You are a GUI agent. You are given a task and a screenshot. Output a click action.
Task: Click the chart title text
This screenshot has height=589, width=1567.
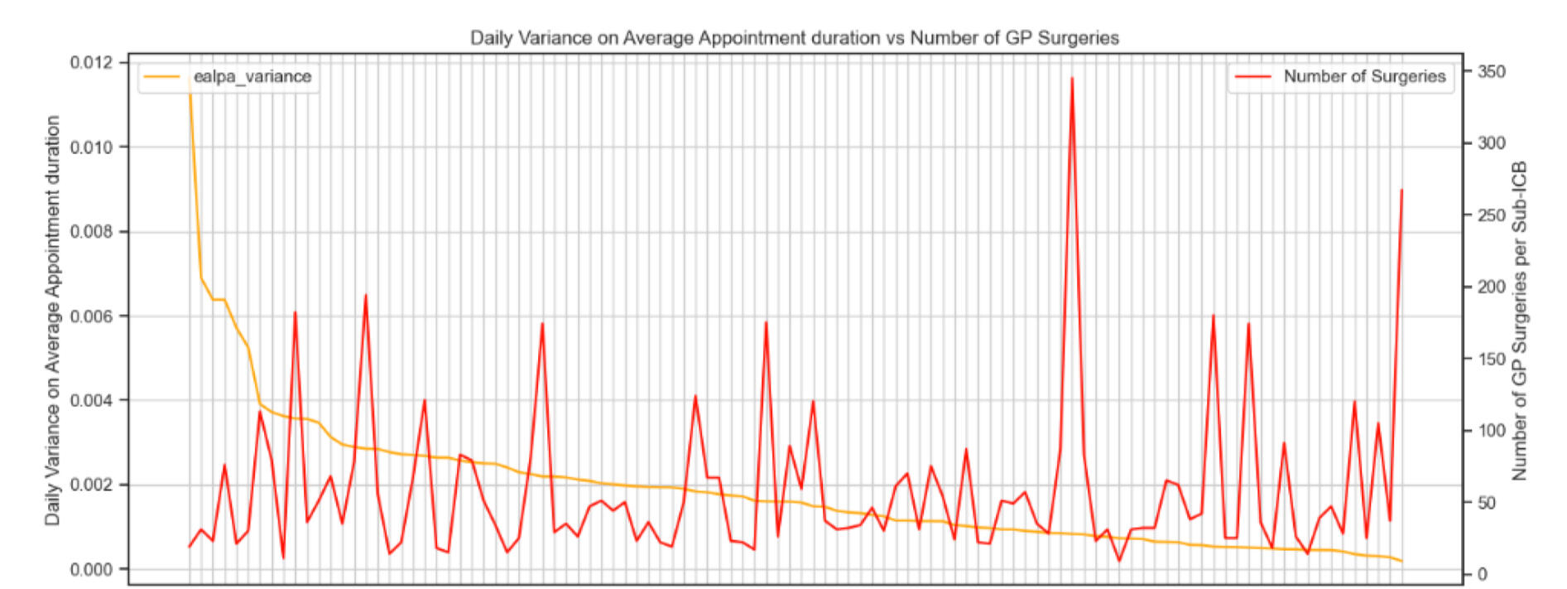coord(794,38)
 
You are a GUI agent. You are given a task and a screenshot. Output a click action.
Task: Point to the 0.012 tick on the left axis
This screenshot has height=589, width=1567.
coord(94,63)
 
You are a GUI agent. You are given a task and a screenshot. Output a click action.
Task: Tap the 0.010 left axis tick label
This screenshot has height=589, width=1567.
coord(94,147)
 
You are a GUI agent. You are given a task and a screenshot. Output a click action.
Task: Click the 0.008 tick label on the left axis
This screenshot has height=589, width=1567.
coord(94,232)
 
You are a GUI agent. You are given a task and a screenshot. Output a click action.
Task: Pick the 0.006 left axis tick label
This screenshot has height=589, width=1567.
coord(94,316)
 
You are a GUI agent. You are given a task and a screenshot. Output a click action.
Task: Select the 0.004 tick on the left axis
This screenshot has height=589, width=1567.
coord(94,401)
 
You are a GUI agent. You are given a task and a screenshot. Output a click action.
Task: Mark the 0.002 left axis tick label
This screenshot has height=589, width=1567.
coord(94,485)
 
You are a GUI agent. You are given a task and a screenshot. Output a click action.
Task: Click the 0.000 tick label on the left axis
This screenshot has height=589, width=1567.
coord(94,570)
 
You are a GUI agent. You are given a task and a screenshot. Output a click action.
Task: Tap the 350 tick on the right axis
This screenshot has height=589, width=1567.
coord(1492,72)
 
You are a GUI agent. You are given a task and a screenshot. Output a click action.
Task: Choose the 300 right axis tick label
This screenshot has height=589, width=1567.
coord(1492,143)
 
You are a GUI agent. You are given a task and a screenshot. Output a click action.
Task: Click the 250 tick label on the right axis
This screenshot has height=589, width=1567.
coord(1492,215)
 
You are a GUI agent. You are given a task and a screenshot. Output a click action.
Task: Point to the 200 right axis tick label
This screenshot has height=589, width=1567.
coord(1492,287)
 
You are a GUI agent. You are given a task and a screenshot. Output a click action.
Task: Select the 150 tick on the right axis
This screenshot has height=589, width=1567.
coord(1492,360)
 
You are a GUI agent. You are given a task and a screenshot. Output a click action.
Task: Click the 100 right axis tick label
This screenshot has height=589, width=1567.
coord(1492,431)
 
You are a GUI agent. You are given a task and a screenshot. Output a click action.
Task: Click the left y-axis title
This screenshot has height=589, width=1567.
coord(53,320)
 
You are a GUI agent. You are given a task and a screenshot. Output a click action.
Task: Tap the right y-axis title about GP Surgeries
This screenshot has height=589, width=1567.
coord(1520,320)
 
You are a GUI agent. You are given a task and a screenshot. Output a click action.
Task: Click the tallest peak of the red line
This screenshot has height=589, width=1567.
coord(1072,79)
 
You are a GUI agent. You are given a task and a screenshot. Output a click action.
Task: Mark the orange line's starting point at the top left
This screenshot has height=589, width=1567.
coord(190,83)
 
